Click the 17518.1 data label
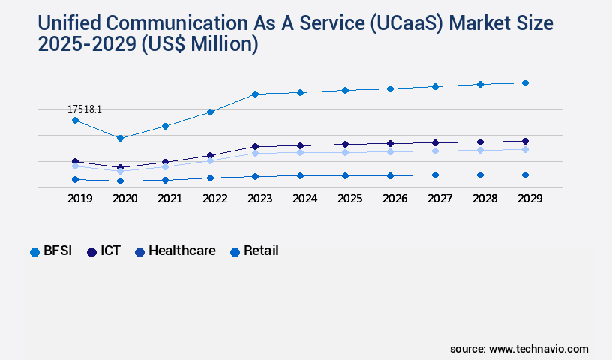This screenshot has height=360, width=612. click(x=84, y=109)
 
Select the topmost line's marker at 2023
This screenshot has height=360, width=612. click(x=255, y=94)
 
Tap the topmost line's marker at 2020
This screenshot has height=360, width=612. click(x=120, y=138)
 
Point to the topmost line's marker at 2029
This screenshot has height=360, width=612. click(x=525, y=82)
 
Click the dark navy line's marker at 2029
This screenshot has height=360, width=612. click(x=525, y=141)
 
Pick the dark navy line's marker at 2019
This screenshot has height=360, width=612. click(x=75, y=161)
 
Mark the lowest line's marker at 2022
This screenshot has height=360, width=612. click(x=210, y=178)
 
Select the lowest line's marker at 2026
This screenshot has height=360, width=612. click(x=390, y=175)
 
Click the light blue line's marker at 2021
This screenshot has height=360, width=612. click(x=165, y=166)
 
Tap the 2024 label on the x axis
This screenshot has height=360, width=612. click(x=304, y=199)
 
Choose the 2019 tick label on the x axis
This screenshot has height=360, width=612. click(x=79, y=199)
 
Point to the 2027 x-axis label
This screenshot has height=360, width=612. click(x=439, y=199)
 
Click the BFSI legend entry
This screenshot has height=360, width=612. click(x=51, y=251)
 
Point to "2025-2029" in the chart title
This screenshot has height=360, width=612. click(x=87, y=44)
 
